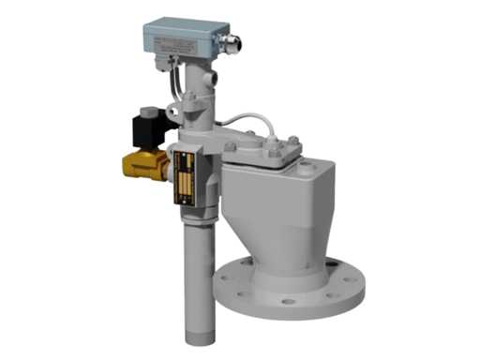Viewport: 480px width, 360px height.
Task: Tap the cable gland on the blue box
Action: (231, 41)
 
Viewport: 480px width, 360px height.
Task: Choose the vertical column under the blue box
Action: (196, 98)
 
